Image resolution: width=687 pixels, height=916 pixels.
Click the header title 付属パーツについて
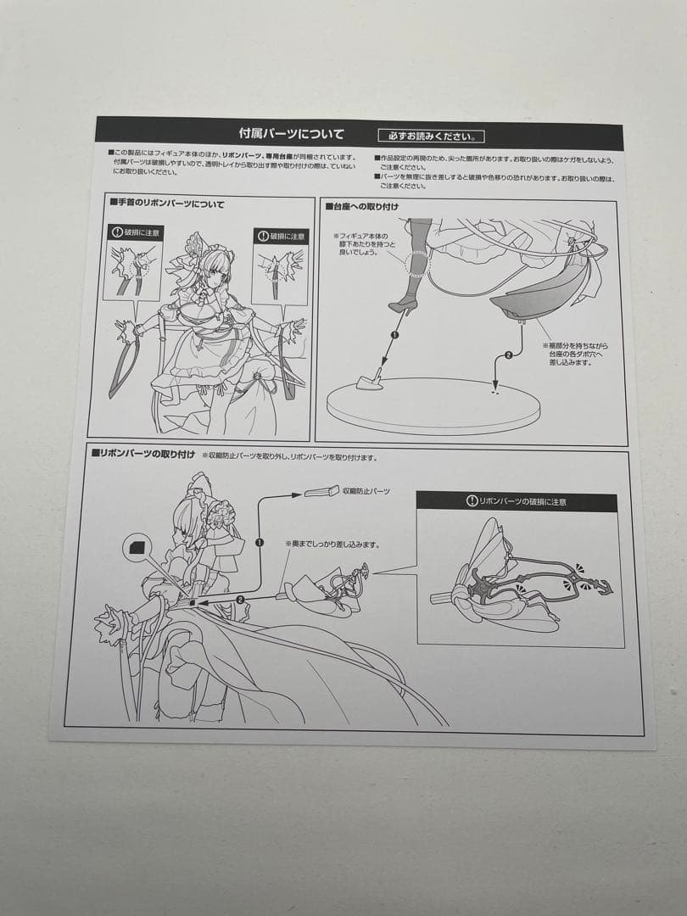(x=292, y=134)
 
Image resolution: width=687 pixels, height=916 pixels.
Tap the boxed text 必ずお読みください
(x=431, y=136)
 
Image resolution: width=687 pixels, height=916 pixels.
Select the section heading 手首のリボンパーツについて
(x=167, y=204)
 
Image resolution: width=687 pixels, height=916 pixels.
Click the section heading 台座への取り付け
(x=362, y=206)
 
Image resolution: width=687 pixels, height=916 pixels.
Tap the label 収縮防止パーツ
(x=366, y=491)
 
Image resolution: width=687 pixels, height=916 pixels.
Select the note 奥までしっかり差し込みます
(x=332, y=544)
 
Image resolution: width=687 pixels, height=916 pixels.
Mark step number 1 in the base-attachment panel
(x=394, y=334)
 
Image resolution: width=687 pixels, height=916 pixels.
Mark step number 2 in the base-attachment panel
(x=508, y=355)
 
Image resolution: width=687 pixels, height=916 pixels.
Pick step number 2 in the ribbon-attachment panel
(x=239, y=600)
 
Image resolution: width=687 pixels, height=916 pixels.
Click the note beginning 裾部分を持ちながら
(x=577, y=355)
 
